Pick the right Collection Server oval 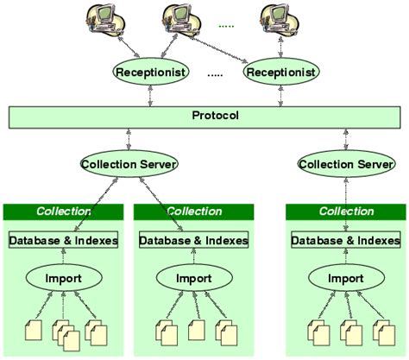click(346, 162)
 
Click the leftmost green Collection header click(64, 212)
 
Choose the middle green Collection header click(193, 212)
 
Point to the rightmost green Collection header click(346, 212)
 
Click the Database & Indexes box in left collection click(64, 240)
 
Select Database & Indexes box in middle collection click(193, 240)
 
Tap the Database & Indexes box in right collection click(346, 240)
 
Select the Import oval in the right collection click(346, 279)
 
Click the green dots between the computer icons click(227, 27)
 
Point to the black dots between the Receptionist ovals click(216, 75)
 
